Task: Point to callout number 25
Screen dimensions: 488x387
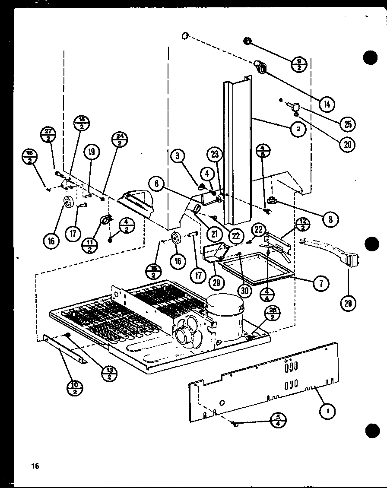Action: coord(347,124)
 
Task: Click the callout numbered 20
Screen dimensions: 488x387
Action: coord(347,144)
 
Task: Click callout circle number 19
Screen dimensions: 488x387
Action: coord(92,152)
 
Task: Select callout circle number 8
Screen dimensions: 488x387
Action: coord(330,219)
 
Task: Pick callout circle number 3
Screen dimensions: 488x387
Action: coord(178,156)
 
